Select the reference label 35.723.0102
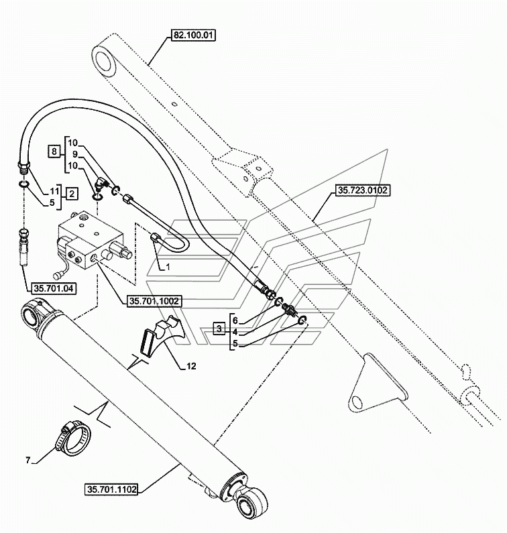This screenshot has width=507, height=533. click(x=361, y=190)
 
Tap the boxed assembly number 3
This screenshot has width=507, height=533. click(x=219, y=329)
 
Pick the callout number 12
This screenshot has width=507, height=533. click(x=191, y=367)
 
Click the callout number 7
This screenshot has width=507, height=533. click(x=28, y=459)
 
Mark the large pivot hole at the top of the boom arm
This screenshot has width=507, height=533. click(x=106, y=62)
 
